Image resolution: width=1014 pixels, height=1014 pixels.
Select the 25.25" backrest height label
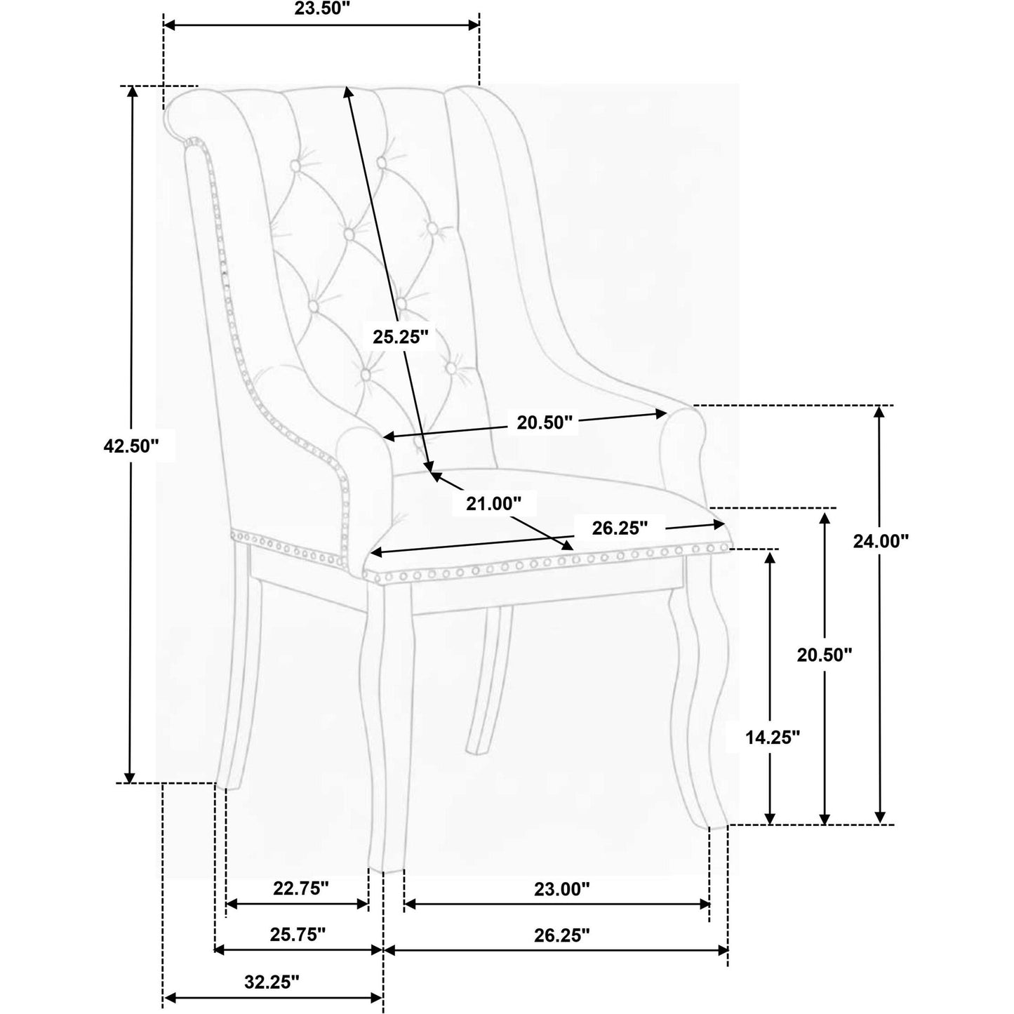tap(401, 337)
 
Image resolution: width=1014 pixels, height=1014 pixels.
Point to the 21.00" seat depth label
tap(493, 504)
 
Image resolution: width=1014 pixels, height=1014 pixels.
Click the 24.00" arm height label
tap(881, 541)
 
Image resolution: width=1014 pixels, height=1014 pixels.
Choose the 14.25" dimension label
tap(773, 738)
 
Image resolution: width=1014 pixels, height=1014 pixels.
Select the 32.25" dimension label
tap(272, 982)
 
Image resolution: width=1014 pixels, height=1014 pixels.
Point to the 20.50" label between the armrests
tap(544, 422)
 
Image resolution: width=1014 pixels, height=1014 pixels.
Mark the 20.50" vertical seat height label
tap(824, 655)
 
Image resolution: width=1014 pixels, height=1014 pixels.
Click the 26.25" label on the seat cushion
tap(620, 528)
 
